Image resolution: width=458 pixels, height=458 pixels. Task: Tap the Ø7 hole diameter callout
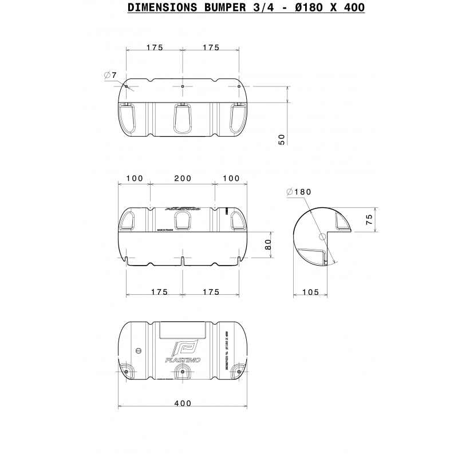pos(111,75)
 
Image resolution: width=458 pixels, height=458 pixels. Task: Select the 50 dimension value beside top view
pos(281,139)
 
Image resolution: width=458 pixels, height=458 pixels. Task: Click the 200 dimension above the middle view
pos(183,179)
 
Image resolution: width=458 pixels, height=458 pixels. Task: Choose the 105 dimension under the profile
pos(310,293)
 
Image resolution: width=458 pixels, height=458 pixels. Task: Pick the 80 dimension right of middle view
pos(269,244)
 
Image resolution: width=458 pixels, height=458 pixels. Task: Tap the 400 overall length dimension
pos(182,403)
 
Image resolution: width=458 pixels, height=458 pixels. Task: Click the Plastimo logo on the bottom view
pos(183,350)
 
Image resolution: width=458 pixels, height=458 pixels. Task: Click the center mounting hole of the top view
pos(182,86)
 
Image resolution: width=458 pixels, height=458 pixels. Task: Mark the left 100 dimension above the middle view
pos(134,179)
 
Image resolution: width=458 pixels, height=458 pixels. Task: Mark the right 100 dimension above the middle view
pos(231,179)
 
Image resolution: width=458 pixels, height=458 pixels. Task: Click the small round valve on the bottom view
pos(137,350)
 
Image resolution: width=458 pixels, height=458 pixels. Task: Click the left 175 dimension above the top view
pos(155,48)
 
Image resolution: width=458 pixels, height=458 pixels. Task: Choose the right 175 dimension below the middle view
pos(211,292)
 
